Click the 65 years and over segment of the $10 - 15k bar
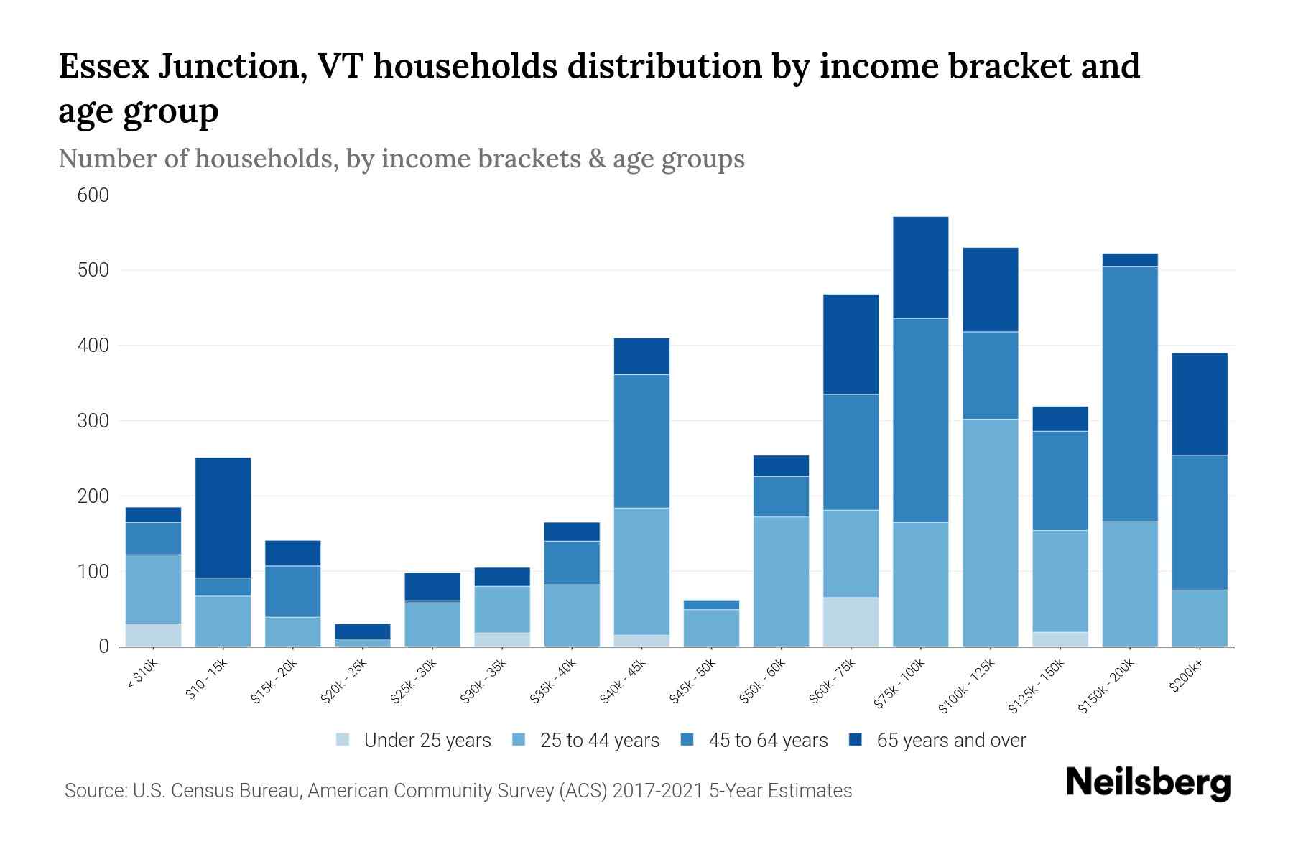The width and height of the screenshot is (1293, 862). coord(223,517)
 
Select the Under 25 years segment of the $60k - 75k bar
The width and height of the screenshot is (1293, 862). coord(851,622)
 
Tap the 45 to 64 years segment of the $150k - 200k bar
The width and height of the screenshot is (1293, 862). coord(1130,394)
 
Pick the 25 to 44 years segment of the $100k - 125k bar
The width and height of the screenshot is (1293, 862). coord(991,532)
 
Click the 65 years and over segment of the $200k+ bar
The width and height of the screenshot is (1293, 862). coord(1200,404)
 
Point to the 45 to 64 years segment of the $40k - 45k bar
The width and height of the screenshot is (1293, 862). coord(641,441)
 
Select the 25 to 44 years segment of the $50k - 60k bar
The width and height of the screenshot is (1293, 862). coord(781,582)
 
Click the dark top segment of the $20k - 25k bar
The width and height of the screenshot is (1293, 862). coord(363,631)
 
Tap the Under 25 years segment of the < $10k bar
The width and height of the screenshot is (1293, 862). coord(153,635)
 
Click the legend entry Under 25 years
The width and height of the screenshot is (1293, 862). coord(427,741)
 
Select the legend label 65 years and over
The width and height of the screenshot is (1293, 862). coord(951,741)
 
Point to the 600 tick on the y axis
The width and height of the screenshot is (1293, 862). coord(93,195)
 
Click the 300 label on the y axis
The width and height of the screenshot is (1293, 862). coord(93,421)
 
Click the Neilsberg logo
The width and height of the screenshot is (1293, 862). coord(1148,784)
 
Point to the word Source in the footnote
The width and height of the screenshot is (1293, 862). coord(94,791)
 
